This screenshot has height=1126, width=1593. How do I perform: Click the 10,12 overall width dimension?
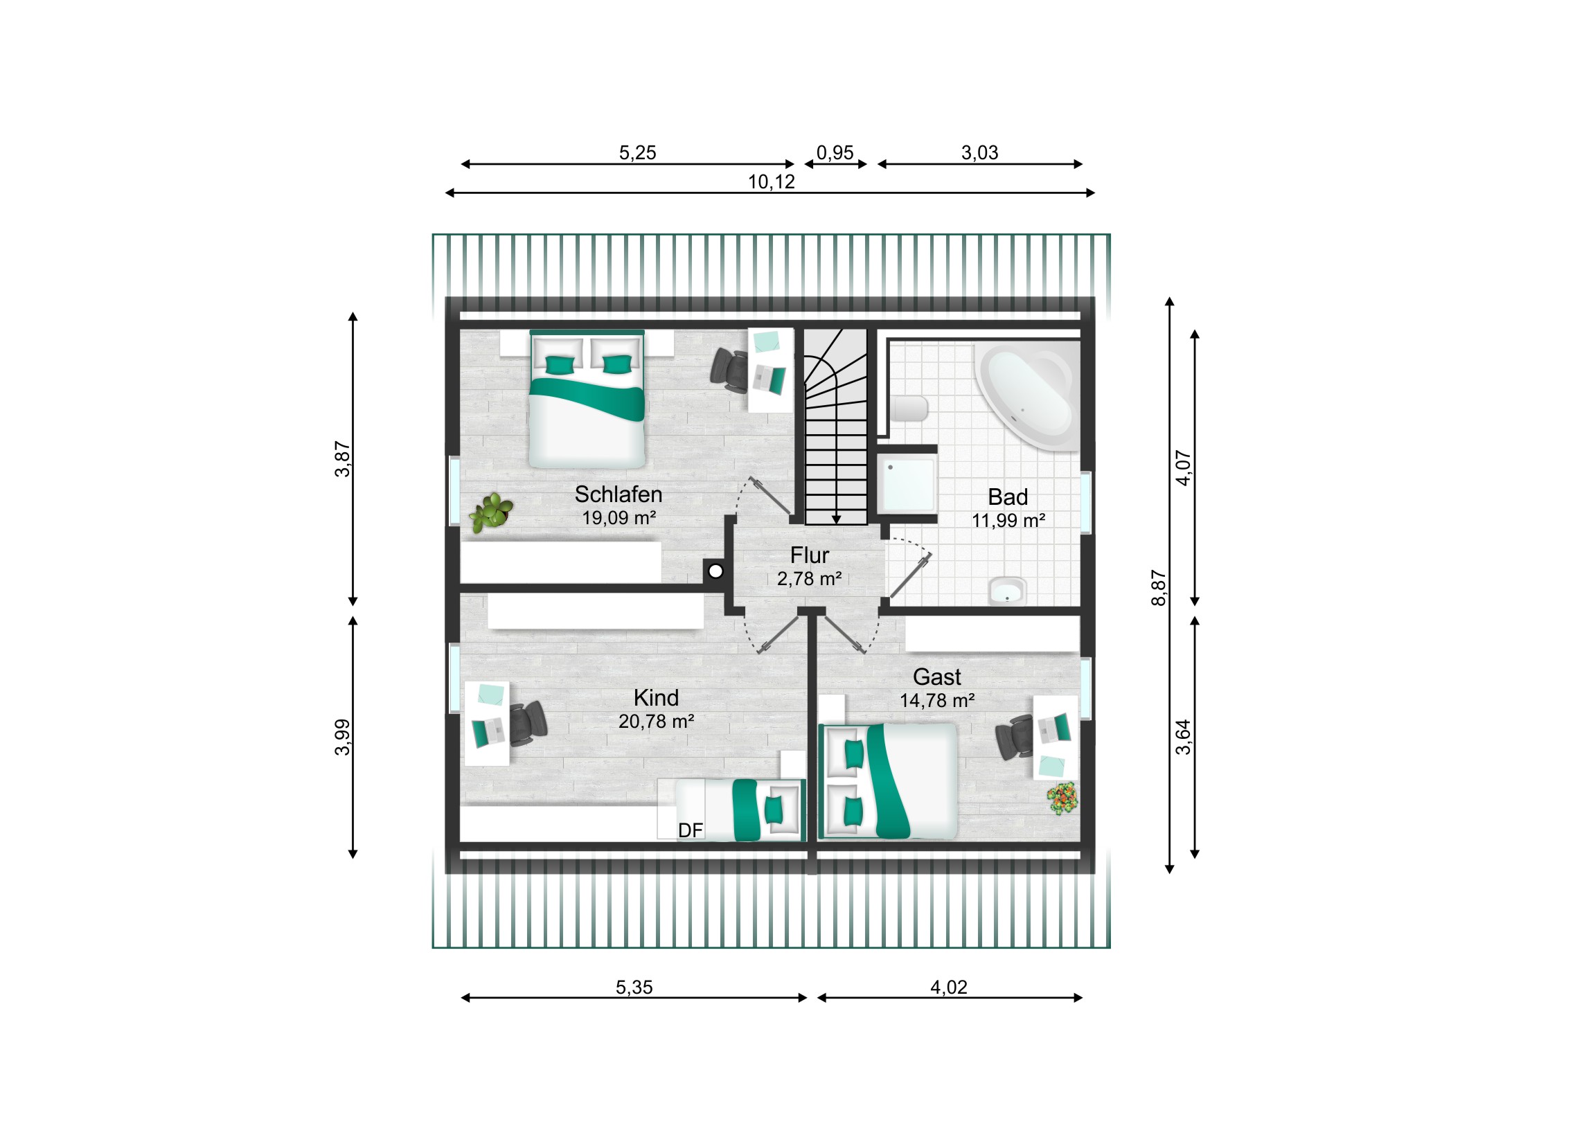pyautogui.click(x=771, y=181)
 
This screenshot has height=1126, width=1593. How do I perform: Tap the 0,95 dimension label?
pyautogui.click(x=835, y=152)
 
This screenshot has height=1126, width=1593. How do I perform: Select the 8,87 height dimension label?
pyautogui.click(x=1158, y=588)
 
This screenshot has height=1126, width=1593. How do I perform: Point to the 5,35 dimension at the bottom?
pyautogui.click(x=634, y=987)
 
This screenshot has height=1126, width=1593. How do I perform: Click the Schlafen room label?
pyautogui.click(x=618, y=494)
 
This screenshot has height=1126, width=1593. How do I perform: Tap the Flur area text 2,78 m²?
pyautogui.click(x=809, y=579)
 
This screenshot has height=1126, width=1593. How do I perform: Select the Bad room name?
pyautogui.click(x=1008, y=497)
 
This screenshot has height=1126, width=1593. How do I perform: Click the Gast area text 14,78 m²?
pyautogui.click(x=936, y=701)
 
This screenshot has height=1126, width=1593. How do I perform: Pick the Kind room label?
pyautogui.click(x=656, y=697)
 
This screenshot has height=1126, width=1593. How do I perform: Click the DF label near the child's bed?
pyautogui.click(x=691, y=830)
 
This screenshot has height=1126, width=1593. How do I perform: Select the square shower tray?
pyautogui.click(x=907, y=483)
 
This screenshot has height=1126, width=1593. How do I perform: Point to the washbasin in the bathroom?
pyautogui.click(x=1007, y=591)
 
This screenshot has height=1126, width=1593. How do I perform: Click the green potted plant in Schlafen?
pyautogui.click(x=491, y=512)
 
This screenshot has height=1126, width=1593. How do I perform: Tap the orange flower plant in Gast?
pyautogui.click(x=1063, y=798)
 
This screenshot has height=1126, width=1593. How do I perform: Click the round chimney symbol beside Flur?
pyautogui.click(x=715, y=571)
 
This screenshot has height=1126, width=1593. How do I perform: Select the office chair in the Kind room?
pyautogui.click(x=528, y=723)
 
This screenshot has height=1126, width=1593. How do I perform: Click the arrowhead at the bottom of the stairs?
pyautogui.click(x=836, y=519)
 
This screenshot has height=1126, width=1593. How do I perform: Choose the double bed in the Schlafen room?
pyautogui.click(x=587, y=399)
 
